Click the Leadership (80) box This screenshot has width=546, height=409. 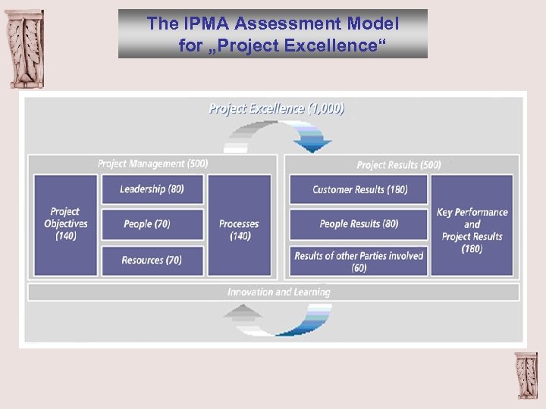152,189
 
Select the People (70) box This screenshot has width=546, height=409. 152,224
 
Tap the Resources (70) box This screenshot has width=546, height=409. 152,261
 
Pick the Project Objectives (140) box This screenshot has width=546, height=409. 65,225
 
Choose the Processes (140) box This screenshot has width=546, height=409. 239,225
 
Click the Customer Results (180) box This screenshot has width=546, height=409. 359,189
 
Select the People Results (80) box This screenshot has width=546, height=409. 359,224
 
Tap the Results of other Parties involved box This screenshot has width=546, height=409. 359,261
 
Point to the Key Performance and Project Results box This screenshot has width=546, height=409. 472,225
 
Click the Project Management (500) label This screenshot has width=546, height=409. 152,164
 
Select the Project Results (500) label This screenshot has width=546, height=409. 398,164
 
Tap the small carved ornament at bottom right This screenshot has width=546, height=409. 525,375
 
